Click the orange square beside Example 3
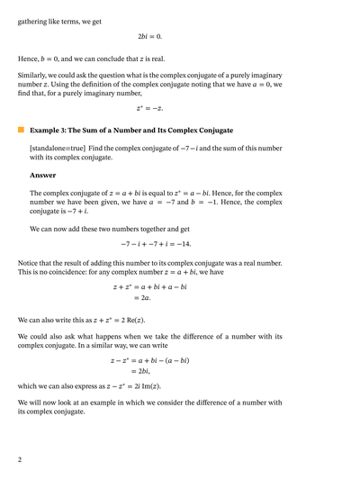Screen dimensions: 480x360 (21, 130)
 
